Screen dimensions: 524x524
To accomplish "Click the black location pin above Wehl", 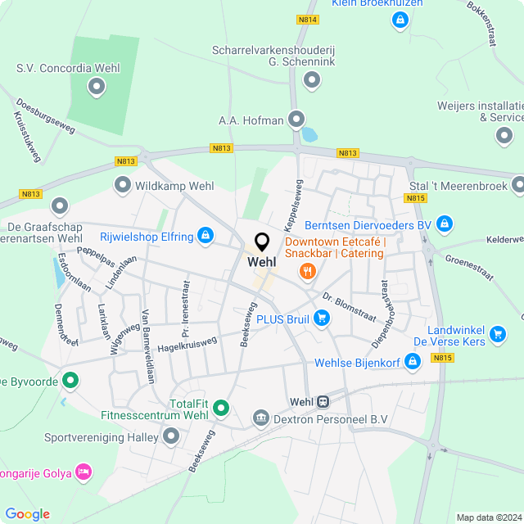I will pos(262,242).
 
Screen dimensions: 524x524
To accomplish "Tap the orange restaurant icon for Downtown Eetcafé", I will pos(308,271).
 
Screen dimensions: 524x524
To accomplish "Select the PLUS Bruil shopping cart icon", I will pos(323,318).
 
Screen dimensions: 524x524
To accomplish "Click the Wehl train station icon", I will pos(323,402).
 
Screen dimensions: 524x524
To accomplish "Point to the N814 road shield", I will pos(308,19).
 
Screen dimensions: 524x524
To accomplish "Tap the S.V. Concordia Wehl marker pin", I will pos(97,85).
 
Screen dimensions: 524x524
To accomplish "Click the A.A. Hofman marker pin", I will pos(296,120).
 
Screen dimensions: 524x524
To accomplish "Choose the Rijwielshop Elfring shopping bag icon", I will pos(206,237).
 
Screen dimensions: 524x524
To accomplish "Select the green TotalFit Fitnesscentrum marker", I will pos(221,409).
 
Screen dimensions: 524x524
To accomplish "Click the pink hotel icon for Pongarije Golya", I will pos(83,472).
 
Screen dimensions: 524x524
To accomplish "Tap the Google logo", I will pos(27,514).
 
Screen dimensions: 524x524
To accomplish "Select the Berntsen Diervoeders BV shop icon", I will pos(444,224).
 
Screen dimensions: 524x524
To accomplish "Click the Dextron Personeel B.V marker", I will pos(261,418).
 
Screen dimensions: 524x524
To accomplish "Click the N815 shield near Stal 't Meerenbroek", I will pos(416,198).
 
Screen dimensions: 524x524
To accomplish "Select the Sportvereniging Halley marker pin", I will pos(171,436).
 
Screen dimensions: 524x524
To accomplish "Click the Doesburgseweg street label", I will pos(45,116).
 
